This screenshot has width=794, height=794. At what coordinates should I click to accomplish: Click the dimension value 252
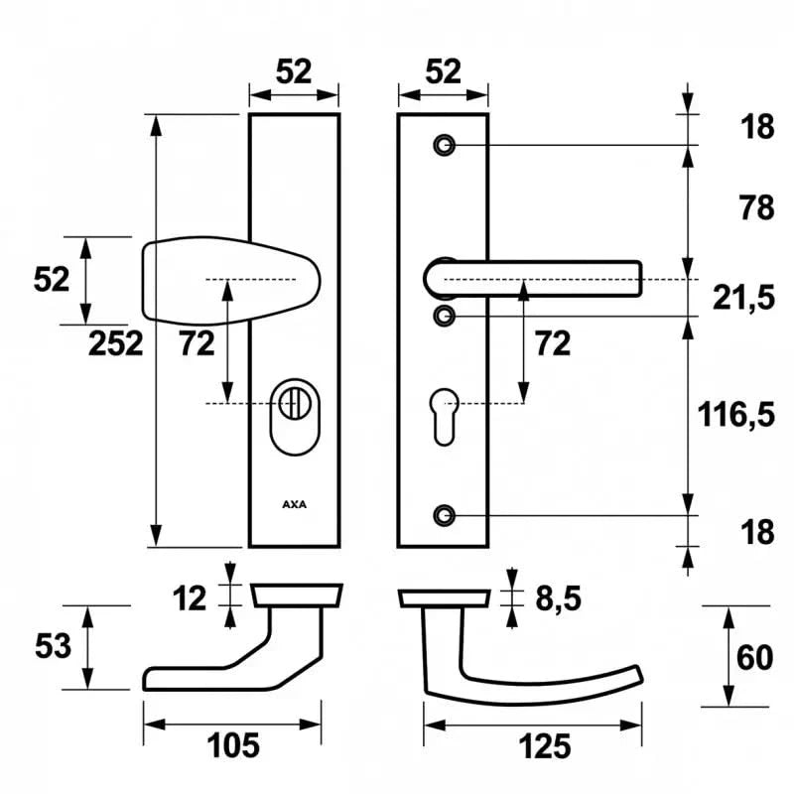pos(116,343)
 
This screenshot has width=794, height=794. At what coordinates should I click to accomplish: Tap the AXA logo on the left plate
pos(294,504)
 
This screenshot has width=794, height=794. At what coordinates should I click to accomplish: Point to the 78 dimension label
pos(756,208)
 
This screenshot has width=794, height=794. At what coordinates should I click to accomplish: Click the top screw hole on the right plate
pos(444,146)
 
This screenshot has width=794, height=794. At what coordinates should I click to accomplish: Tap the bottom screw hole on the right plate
pos(444,515)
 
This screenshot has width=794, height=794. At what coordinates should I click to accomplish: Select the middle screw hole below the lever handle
pos(444,316)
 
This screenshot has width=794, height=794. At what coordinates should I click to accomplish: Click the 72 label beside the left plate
pos(198,343)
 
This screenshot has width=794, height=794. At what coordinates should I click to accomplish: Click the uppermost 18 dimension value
pos(756,127)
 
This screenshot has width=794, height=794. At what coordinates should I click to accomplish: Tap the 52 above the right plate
pos(445,71)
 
